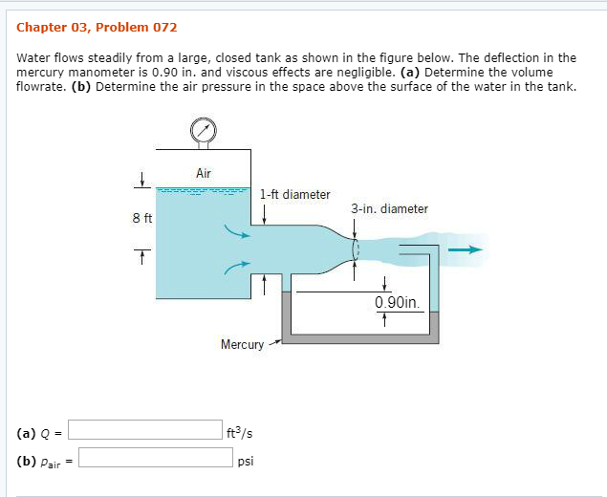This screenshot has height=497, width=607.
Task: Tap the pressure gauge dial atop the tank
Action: coord(203,129)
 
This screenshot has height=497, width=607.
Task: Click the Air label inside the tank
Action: coord(203,173)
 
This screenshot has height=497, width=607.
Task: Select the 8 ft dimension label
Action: coord(142,218)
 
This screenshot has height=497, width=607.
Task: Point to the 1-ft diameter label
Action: coord(294,195)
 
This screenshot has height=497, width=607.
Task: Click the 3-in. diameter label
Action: coord(389,208)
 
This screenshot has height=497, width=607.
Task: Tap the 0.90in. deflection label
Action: coord(397,303)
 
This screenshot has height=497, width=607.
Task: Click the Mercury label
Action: coord(242,344)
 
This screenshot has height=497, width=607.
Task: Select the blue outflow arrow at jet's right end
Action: coord(467,250)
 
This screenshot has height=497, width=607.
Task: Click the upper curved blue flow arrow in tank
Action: coord(235,233)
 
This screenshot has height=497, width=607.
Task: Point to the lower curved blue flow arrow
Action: coord(235,270)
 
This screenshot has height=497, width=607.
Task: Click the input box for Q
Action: coord(143,430)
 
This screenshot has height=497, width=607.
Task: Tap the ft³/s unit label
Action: coord(240,431)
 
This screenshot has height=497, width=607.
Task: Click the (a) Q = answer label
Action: coord(39,431)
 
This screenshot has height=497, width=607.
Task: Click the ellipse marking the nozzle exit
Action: coord(356,251)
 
